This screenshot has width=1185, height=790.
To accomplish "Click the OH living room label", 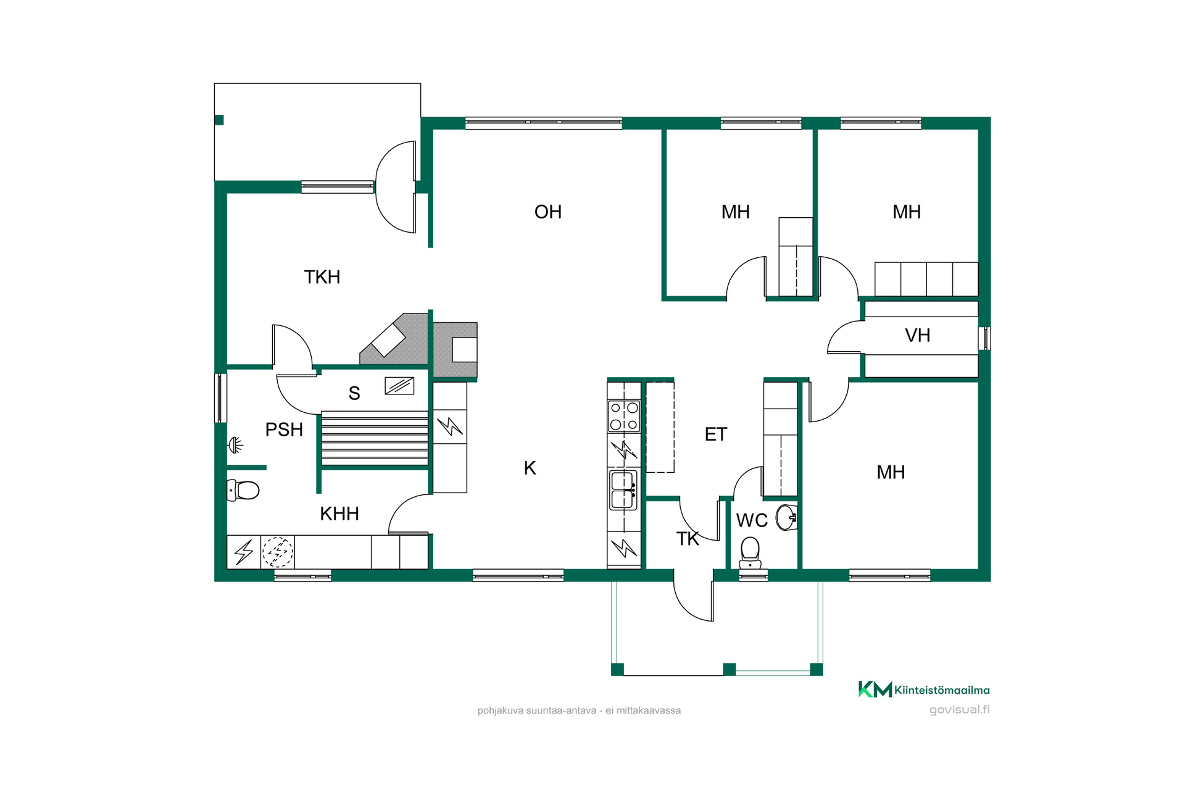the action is [x=548, y=212].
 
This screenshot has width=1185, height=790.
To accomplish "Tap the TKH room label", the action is [x=322, y=277].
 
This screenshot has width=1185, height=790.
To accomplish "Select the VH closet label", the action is [x=917, y=335].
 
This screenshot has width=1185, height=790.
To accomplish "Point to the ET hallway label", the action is [x=716, y=434].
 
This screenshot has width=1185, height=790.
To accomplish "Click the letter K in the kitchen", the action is [x=530, y=468].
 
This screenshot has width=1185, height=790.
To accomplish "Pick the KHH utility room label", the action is [x=339, y=513].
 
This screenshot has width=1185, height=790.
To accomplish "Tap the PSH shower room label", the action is [x=284, y=430].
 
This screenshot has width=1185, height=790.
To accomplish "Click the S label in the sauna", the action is [x=354, y=393].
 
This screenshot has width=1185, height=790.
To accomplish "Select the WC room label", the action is [x=752, y=520].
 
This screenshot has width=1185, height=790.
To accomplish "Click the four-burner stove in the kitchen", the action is [x=624, y=416].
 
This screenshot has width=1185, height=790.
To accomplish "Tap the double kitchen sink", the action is [x=623, y=490].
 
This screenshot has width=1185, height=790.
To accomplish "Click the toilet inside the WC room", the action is [x=750, y=552].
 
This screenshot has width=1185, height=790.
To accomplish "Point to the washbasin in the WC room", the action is [x=786, y=517].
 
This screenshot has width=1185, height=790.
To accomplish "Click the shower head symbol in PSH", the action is [x=236, y=444].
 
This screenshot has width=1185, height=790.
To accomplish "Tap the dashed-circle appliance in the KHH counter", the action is [x=278, y=552].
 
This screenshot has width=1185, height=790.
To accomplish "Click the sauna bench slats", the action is [x=375, y=438].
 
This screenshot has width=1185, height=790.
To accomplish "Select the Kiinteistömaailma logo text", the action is [x=942, y=690].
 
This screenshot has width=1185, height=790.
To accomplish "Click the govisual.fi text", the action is [x=959, y=710].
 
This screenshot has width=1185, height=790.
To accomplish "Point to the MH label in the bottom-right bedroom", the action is [x=891, y=472].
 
